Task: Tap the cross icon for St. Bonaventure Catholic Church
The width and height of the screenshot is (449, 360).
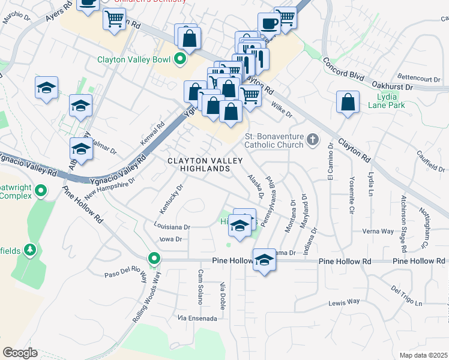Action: point(312,140)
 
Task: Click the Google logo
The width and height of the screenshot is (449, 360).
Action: point(20,352)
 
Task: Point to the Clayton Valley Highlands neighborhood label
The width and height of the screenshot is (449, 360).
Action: point(205,165)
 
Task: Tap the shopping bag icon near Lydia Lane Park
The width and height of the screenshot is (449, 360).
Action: point(348,102)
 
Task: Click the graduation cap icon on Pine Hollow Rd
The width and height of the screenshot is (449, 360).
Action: point(264,260)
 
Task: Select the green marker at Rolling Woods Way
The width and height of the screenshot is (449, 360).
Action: point(154,259)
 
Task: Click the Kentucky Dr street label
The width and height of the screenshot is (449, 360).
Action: point(171,199)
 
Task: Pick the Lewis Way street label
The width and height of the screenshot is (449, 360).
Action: point(344,302)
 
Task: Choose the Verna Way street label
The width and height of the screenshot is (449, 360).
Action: point(378,231)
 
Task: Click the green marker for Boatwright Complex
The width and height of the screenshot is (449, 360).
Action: point(41,192)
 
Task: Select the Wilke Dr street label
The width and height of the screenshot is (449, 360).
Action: point(281,110)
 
